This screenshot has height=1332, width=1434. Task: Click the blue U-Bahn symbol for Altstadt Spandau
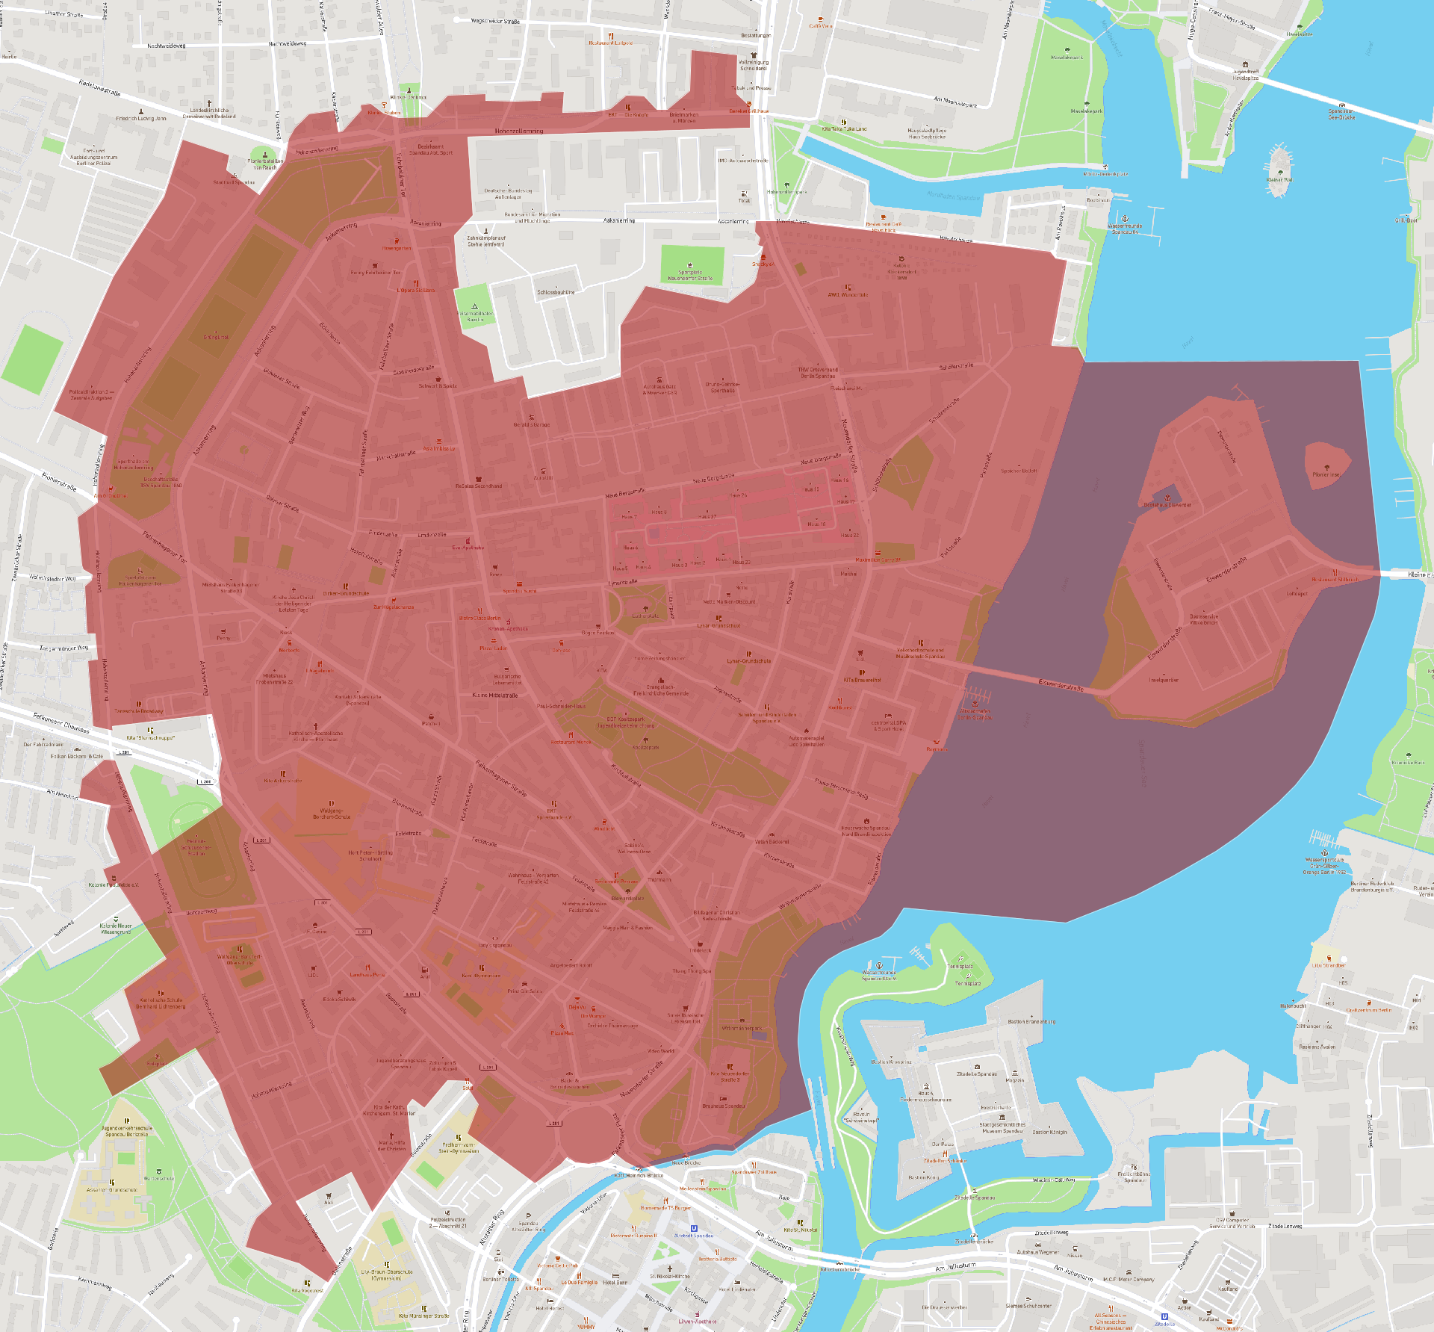click(x=694, y=1228)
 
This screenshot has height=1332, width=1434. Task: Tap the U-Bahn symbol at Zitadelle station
click(x=1164, y=1316)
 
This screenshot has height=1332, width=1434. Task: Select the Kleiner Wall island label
click(x=1279, y=179)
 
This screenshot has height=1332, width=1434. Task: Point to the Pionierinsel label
click(x=1326, y=474)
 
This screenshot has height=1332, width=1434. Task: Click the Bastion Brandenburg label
click(x=1031, y=1021)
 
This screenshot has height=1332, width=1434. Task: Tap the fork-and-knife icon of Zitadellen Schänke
click(x=945, y=1153)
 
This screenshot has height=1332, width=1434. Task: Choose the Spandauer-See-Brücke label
click(x=1341, y=114)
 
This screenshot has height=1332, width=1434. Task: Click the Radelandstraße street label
click(x=99, y=88)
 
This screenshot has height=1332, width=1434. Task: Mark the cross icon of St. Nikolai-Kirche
click(x=669, y=1269)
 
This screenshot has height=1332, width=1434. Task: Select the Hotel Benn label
click(x=615, y=1282)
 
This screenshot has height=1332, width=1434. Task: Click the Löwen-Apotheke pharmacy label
click(x=696, y=1322)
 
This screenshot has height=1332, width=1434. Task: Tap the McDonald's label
click(x=1229, y=1328)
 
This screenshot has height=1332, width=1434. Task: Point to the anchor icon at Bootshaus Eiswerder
click(x=1167, y=497)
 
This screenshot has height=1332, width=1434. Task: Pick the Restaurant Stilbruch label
click(x=1335, y=579)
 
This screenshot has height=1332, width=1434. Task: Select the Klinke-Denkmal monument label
click(x=408, y=97)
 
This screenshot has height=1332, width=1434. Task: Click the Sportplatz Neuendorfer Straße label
click(x=690, y=276)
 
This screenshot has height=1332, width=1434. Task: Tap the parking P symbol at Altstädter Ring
click(x=529, y=1216)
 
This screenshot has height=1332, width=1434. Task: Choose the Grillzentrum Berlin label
click(x=1369, y=1010)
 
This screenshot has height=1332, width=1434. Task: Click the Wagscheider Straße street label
click(x=495, y=22)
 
